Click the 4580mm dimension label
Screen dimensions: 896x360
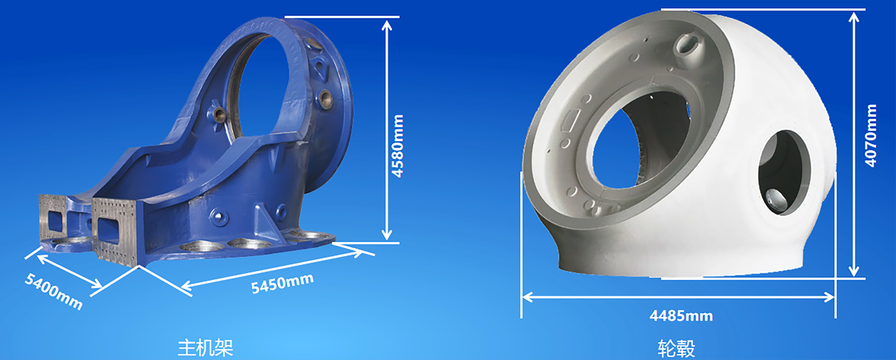(x=397, y=146)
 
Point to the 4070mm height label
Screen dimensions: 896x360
(x=871, y=135)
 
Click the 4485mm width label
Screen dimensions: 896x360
(x=681, y=316)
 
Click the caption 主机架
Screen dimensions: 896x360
(x=205, y=348)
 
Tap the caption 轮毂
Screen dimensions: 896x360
(x=676, y=348)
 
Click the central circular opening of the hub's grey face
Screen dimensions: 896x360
(x=639, y=140)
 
